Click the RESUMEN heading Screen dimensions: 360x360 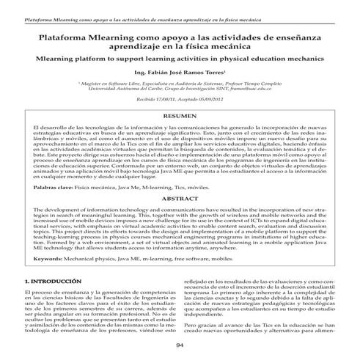(x=179, y=117)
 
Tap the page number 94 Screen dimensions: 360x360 (x=180, y=345)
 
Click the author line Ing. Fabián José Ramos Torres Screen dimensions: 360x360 (x=179, y=73)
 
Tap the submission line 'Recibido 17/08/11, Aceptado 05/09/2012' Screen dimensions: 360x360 (x=179, y=99)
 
